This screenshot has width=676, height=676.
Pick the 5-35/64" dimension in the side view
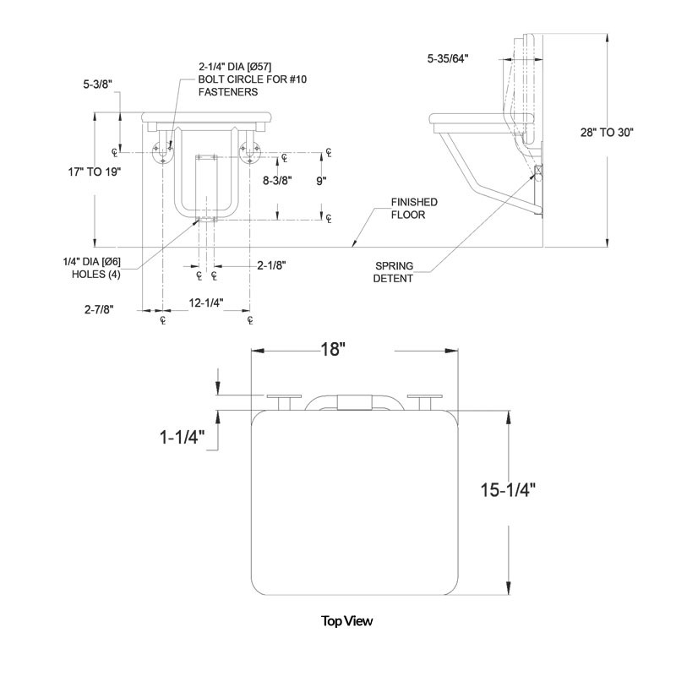click(447, 58)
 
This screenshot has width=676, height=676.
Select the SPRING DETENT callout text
click(395, 271)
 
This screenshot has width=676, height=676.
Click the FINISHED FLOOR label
click(414, 209)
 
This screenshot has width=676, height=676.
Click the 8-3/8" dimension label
click(276, 181)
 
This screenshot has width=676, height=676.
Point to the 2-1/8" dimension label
click(271, 264)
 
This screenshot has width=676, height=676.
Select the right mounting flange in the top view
click(425, 398)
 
